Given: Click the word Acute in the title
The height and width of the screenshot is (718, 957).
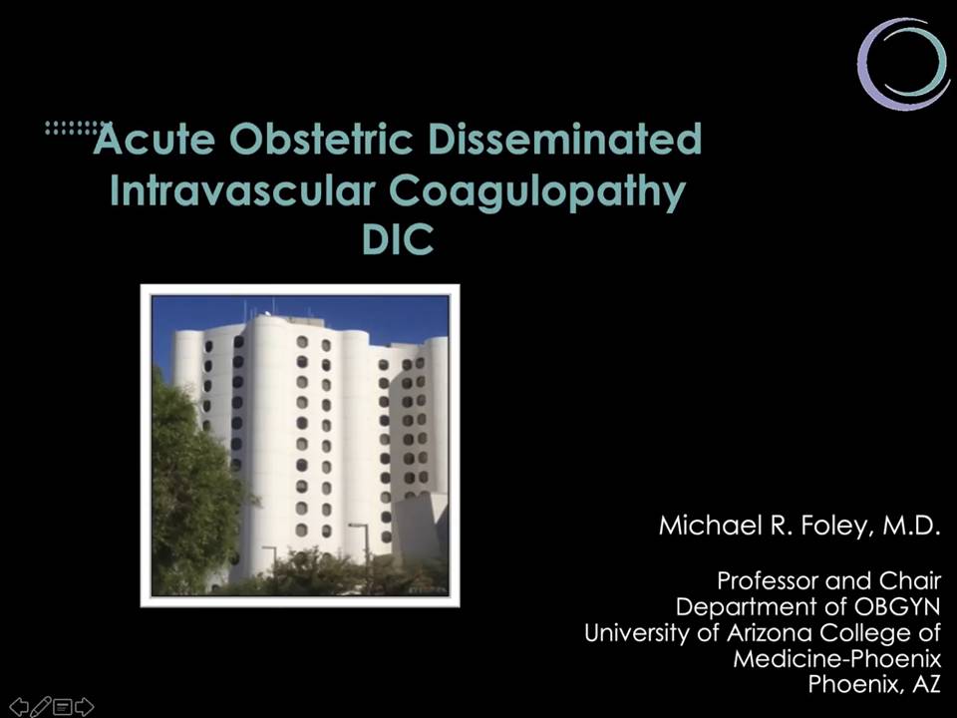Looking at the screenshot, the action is (x=155, y=140).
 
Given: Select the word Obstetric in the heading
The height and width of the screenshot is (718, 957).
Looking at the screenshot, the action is (x=322, y=140).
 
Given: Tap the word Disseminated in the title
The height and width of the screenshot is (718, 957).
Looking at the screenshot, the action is (x=565, y=140).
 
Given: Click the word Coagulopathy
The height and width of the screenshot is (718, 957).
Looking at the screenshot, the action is (x=537, y=192).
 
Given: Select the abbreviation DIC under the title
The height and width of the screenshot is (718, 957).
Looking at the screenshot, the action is (x=398, y=238).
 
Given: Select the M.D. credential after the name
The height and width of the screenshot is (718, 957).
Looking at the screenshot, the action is (x=910, y=526).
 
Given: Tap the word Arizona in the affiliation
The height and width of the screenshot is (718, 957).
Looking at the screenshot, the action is (x=769, y=632).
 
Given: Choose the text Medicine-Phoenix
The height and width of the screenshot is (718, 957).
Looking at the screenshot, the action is (x=836, y=659).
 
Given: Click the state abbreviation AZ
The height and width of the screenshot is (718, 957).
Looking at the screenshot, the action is (x=926, y=684).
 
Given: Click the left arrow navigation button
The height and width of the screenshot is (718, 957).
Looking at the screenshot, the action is (x=19, y=706).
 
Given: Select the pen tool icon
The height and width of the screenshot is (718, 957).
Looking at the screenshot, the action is (x=40, y=706).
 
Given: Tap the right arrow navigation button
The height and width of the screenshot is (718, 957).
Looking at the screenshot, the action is (x=84, y=706).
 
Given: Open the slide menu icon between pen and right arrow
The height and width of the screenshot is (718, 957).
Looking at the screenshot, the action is (x=62, y=707).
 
